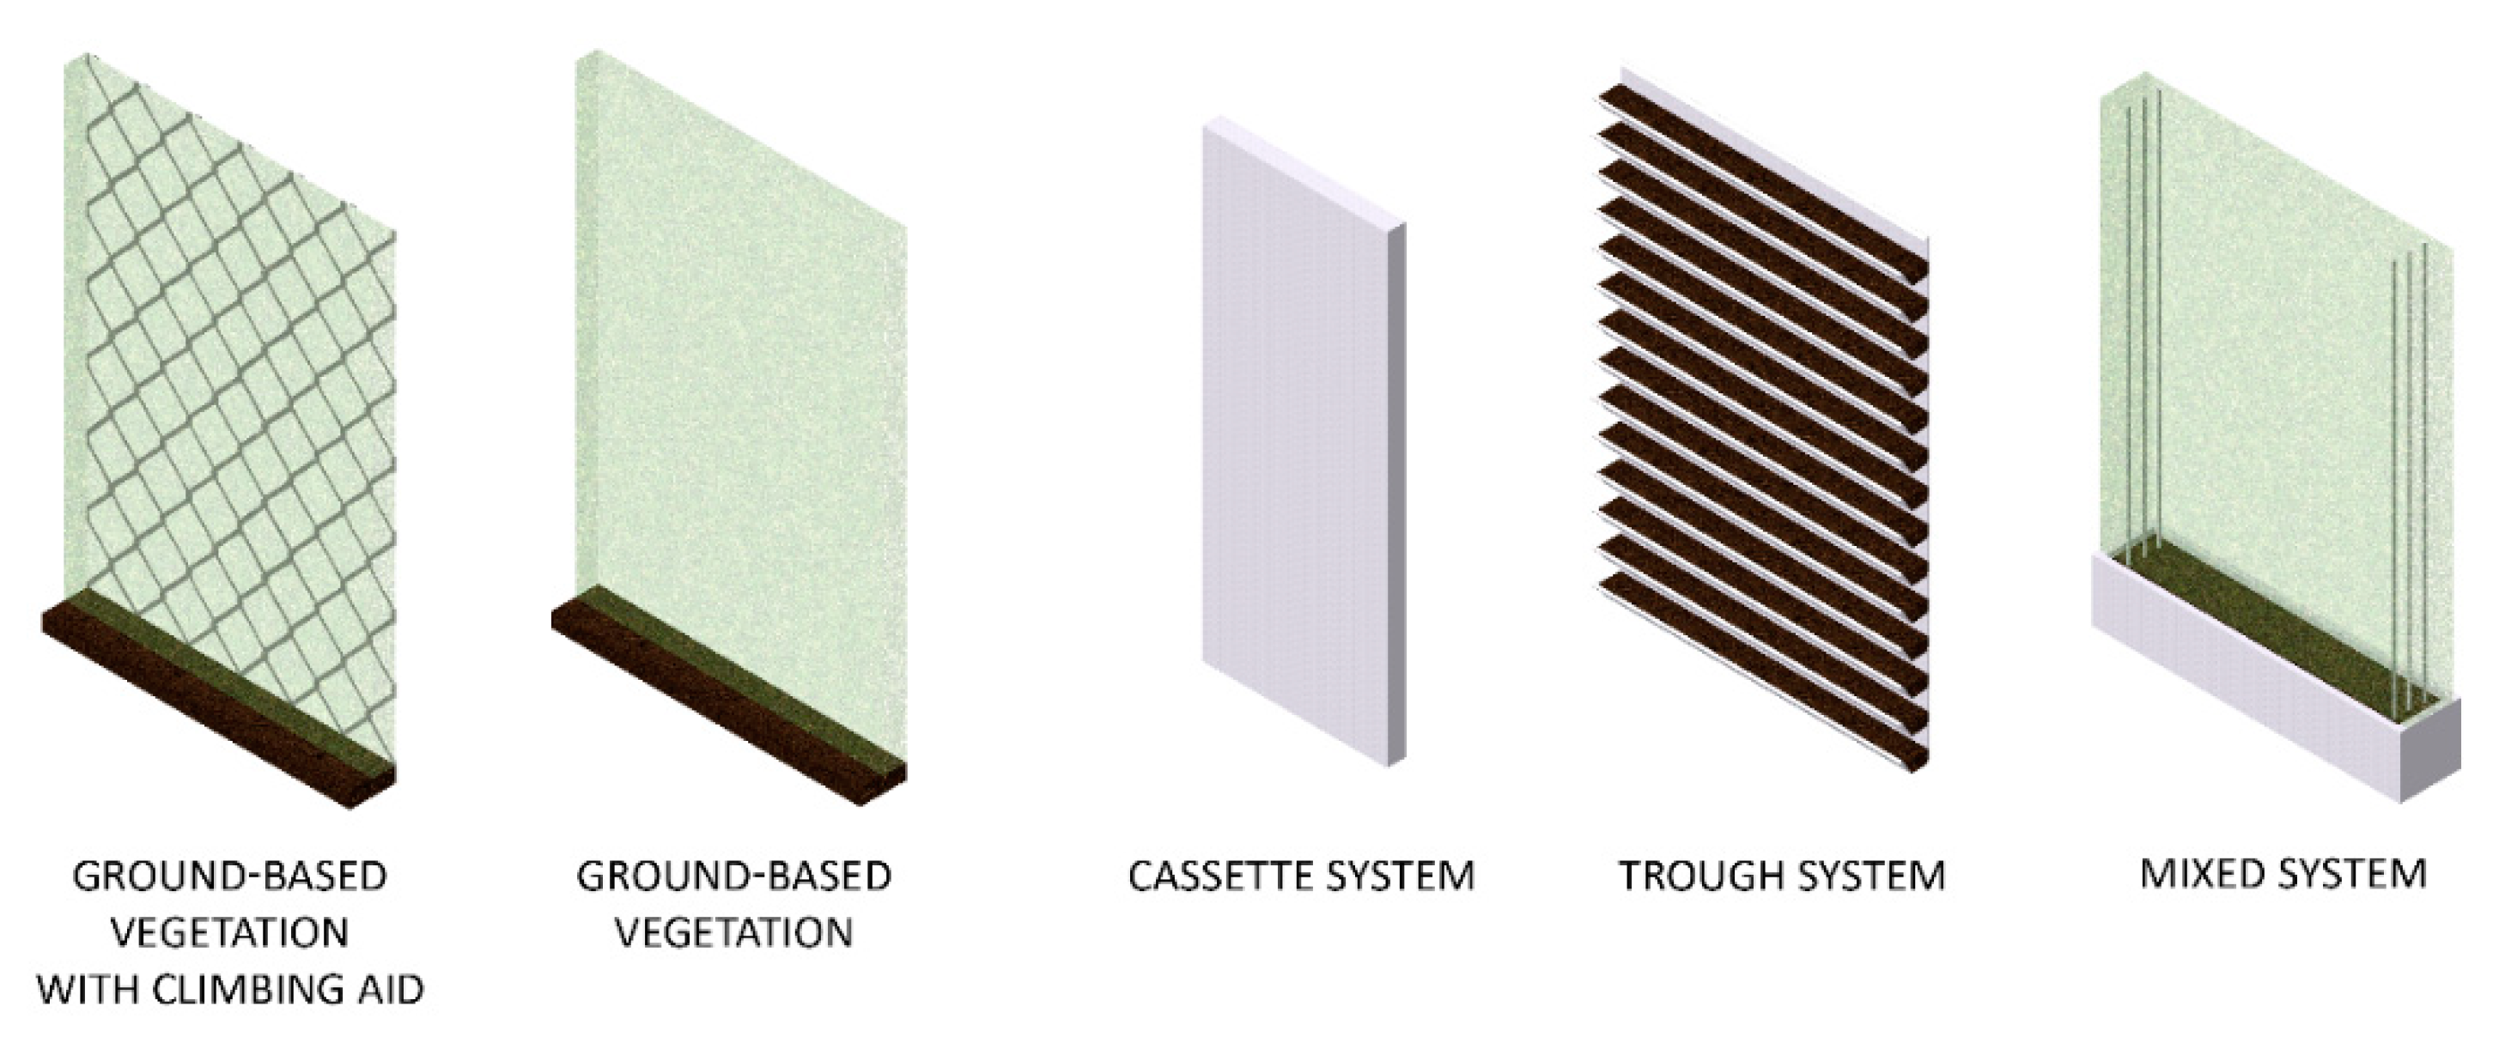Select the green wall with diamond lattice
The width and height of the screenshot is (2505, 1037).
click(230, 409)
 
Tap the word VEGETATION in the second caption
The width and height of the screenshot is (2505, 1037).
click(734, 934)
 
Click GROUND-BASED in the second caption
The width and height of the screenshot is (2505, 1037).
click(734, 876)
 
